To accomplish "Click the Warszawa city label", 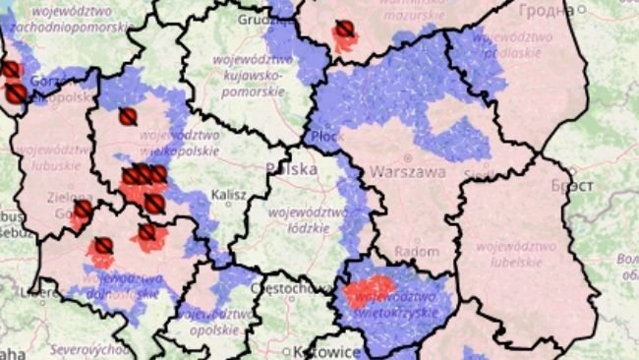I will point(407,171).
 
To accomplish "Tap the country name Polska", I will point(291,169).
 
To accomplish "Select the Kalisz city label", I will point(227,195).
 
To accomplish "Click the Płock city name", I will point(325,137).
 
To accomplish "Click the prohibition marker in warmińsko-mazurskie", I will point(343,30).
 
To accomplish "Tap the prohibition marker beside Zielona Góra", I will point(84,210).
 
